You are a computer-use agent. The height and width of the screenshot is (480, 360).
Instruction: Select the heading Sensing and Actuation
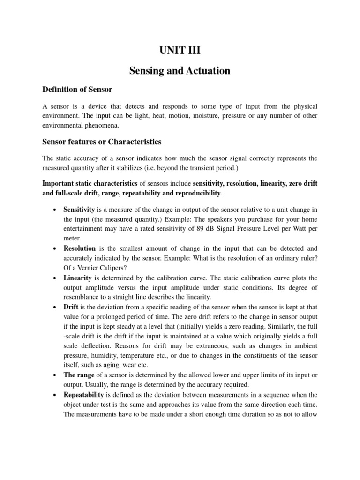tap(180, 71)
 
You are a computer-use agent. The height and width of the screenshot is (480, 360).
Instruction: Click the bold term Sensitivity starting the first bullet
tap(79, 209)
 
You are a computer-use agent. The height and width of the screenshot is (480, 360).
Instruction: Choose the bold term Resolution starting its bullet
tap(79, 248)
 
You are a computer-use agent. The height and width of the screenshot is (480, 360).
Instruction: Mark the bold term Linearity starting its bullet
tap(77, 277)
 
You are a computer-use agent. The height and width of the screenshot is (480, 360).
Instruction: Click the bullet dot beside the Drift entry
tap(56, 307)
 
